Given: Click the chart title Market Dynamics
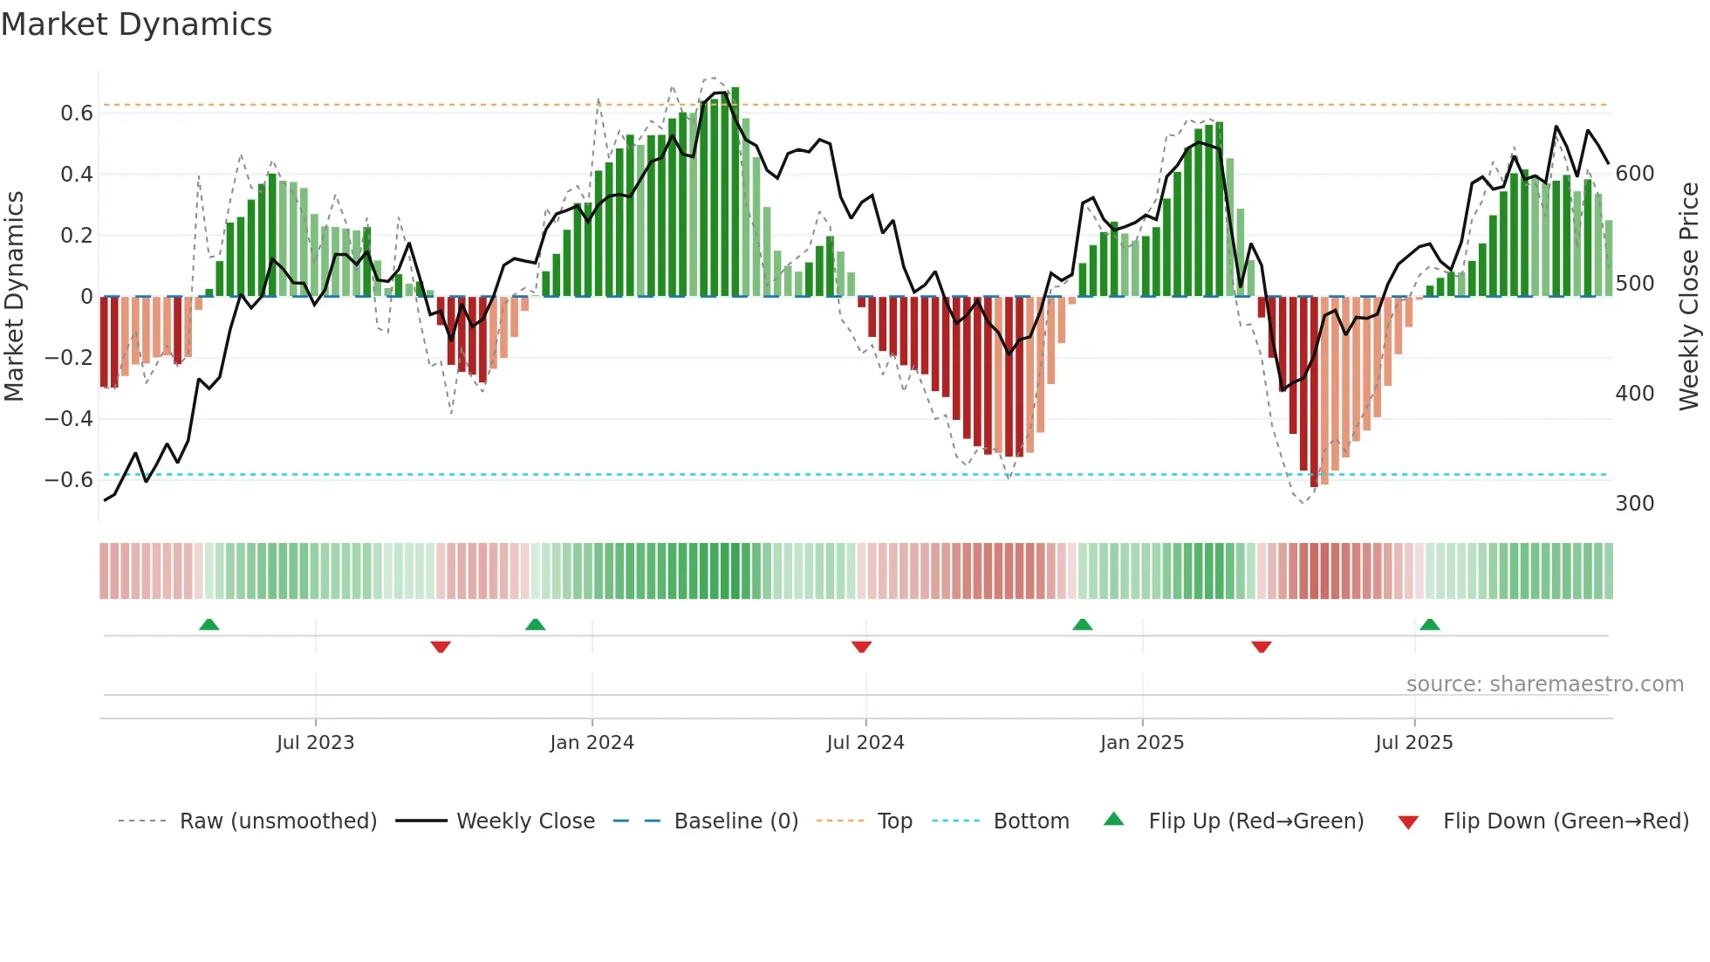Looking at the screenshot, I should point(137,24).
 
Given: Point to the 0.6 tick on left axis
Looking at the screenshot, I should point(76,113).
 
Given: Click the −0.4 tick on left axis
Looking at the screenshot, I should point(69,419).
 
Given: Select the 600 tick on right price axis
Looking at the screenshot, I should point(1634,174).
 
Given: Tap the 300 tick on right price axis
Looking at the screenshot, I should point(1634,504).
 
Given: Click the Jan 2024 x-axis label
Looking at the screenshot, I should point(592,743).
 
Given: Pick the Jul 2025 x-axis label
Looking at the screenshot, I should point(1413,743).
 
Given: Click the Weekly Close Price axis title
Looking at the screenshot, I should point(1689,297).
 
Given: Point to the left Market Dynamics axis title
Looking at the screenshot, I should point(14,297).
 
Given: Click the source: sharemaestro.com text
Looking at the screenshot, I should point(1544,684).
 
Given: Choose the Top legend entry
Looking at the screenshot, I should point(894,821).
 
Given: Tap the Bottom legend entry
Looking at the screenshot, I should point(1030,821).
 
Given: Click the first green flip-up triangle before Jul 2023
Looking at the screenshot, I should point(209,624).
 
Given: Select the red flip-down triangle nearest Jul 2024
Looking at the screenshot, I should point(861,647).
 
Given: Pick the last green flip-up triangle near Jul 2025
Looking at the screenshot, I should point(1429,624).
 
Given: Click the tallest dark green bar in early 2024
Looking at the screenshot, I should point(735,192).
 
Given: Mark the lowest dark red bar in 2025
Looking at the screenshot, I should point(1314,393).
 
